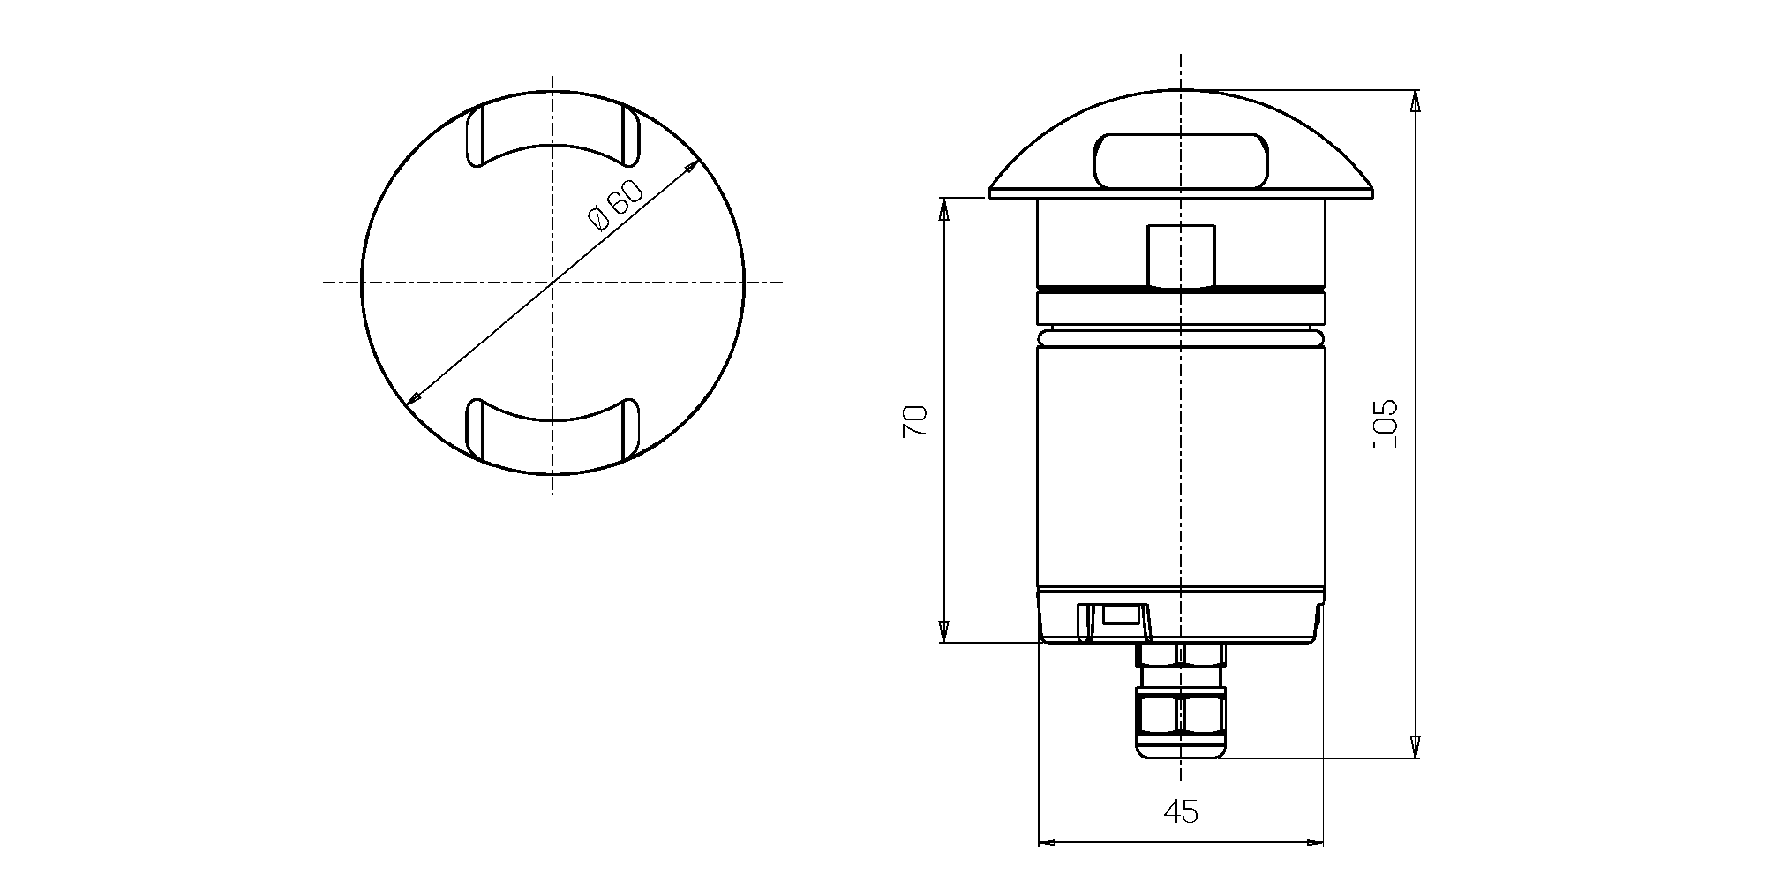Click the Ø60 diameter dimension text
click(616, 204)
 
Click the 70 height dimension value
click(914, 421)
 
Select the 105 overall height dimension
click(1385, 423)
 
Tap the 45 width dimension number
click(1181, 811)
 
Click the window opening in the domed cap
click(1181, 161)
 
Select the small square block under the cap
click(1181, 256)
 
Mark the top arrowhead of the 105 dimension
click(1416, 100)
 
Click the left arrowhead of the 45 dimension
click(1048, 841)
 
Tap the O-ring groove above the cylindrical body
click(1181, 337)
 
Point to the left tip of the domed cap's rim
click(992, 192)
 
